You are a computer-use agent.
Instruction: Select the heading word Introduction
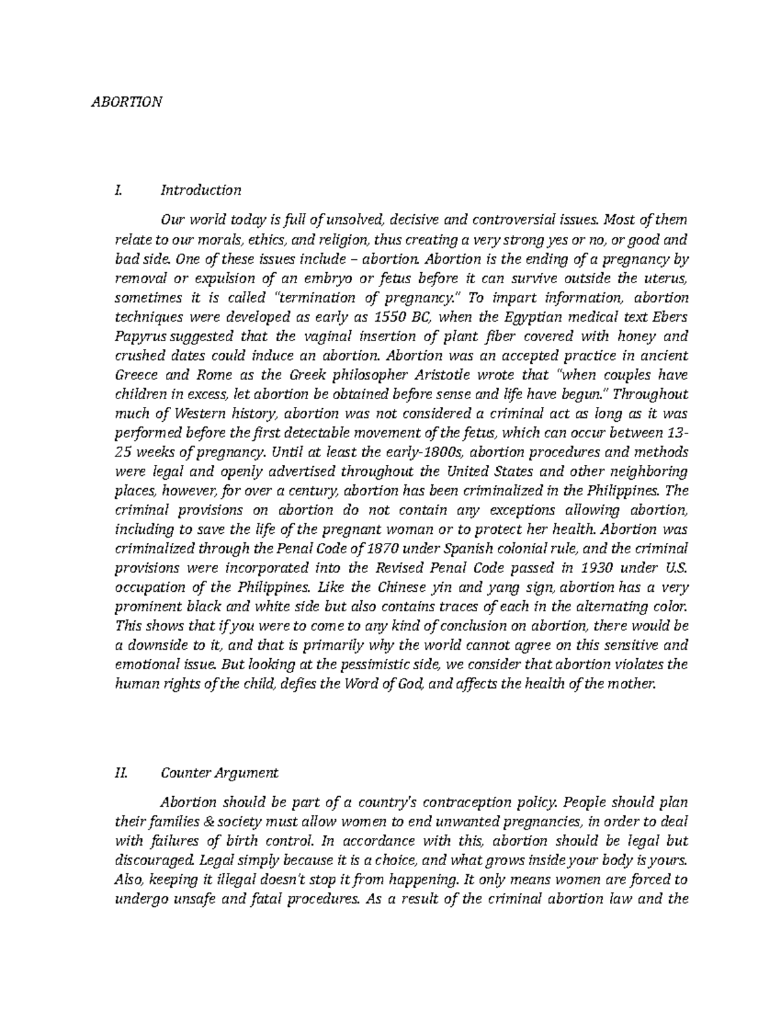coord(200,190)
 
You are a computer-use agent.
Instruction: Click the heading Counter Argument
coord(219,773)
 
